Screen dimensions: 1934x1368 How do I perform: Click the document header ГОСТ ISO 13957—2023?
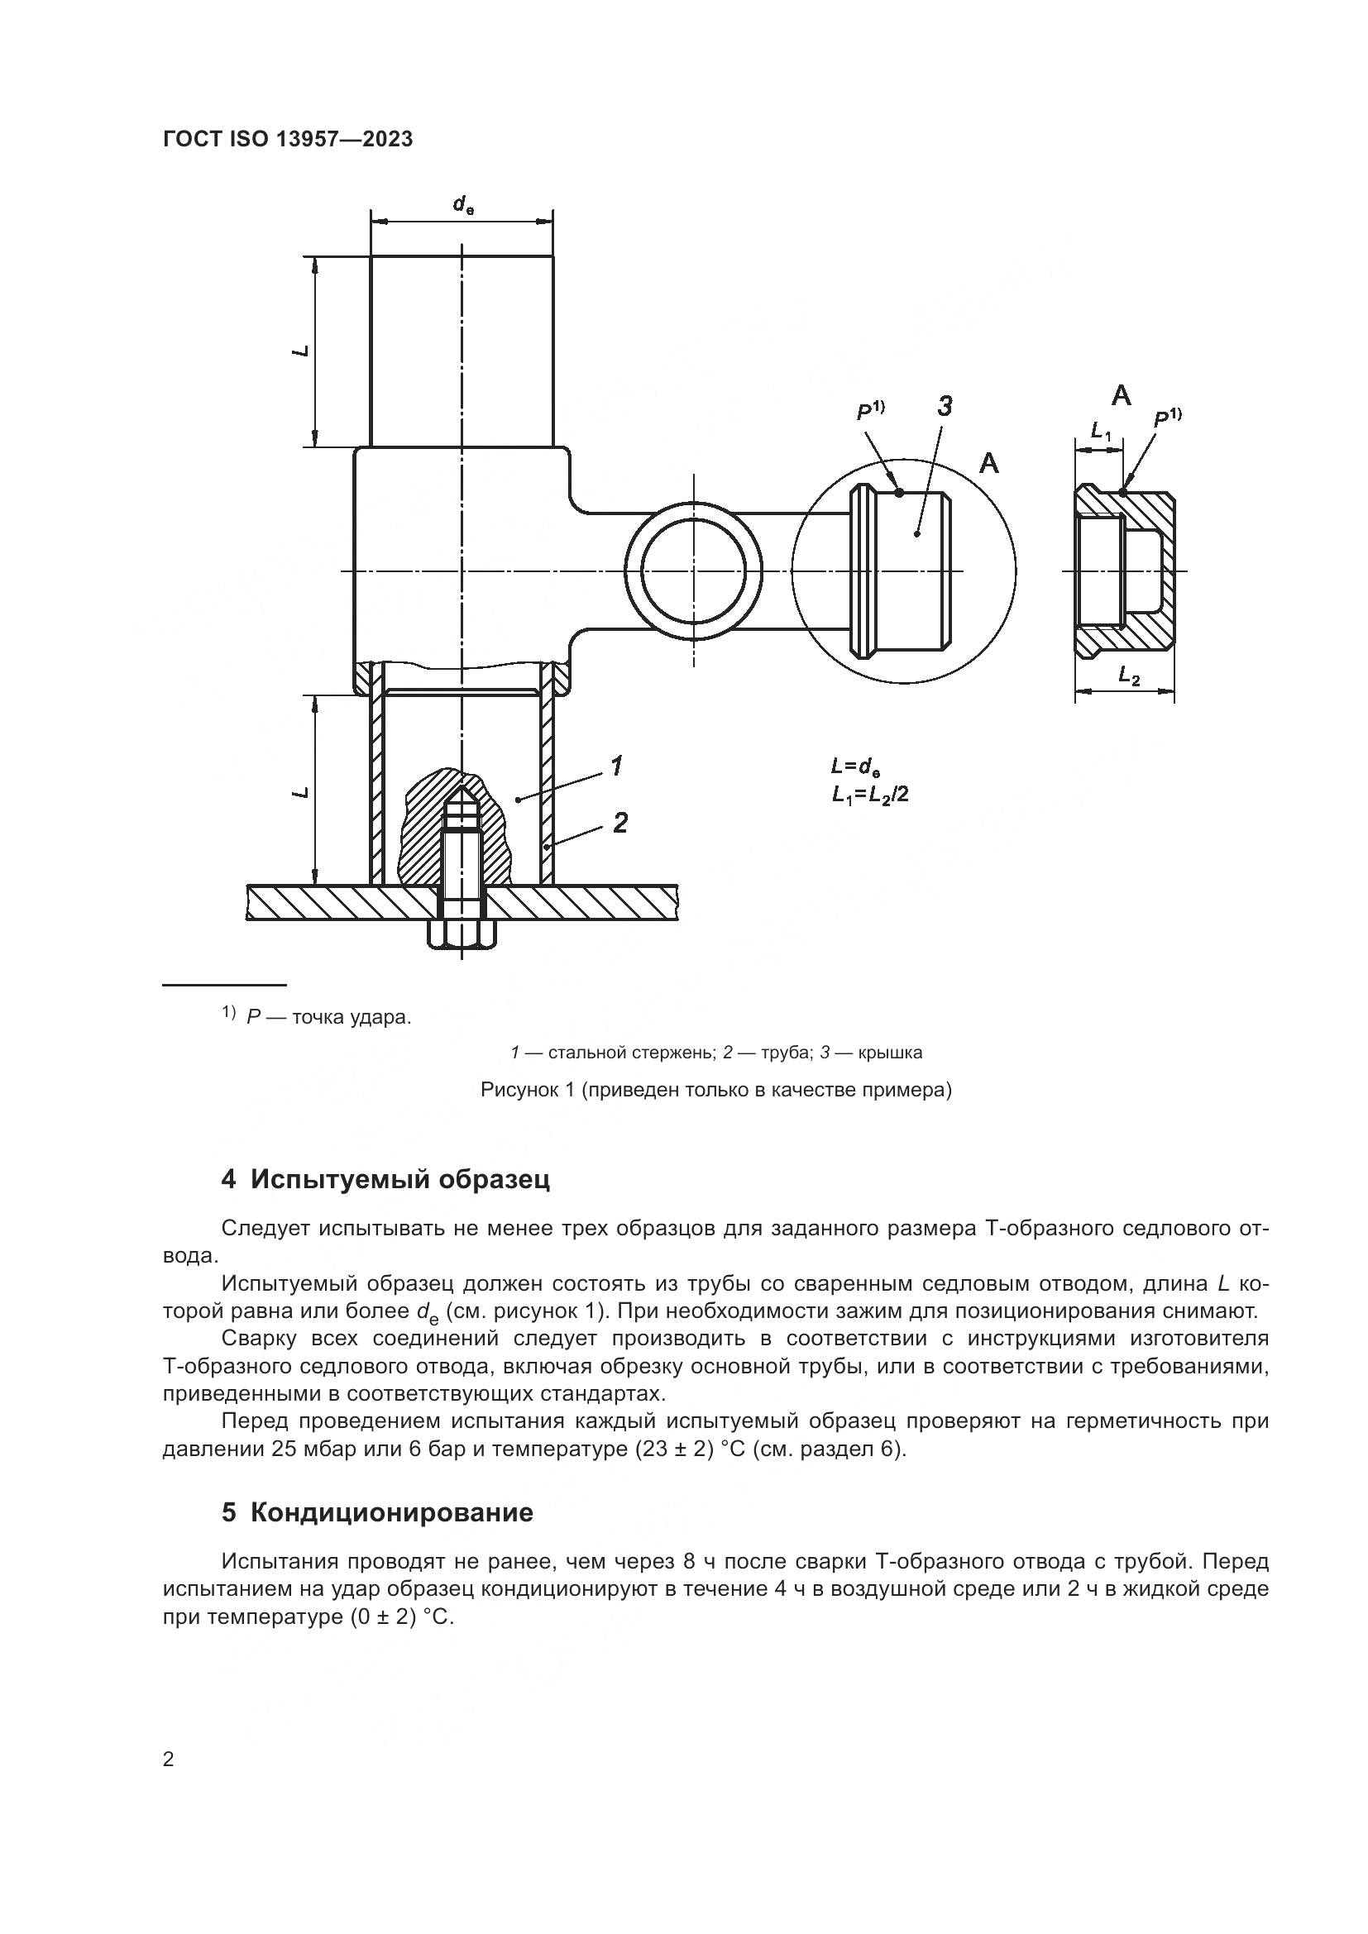288,139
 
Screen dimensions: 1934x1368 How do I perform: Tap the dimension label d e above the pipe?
462,204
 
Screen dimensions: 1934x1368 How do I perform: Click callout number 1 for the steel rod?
617,766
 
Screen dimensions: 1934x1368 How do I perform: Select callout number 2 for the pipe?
620,822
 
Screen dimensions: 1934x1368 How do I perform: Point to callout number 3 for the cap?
945,406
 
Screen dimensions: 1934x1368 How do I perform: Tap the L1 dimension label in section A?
1101,432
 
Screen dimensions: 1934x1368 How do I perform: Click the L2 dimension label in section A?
1129,675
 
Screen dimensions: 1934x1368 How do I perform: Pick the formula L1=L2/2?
869,795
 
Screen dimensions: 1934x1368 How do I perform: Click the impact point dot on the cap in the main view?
900,493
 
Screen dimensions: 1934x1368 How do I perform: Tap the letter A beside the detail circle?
989,462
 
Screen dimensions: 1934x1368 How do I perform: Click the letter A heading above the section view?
1122,394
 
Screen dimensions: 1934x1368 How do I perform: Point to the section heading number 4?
228,1179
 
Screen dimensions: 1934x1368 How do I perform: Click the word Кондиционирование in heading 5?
392,1512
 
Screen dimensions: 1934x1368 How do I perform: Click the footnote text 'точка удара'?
352,1018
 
